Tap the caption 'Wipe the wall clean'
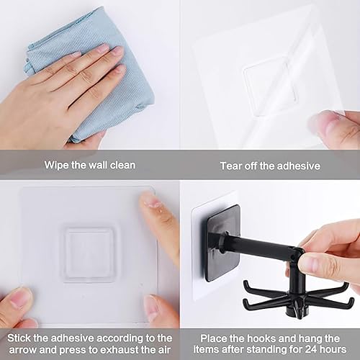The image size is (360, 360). [x=89, y=166]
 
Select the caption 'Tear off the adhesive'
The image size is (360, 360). [x=269, y=166]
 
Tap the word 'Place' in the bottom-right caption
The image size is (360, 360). [x=209, y=338]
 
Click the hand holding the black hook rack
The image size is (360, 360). [x=331, y=248]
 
